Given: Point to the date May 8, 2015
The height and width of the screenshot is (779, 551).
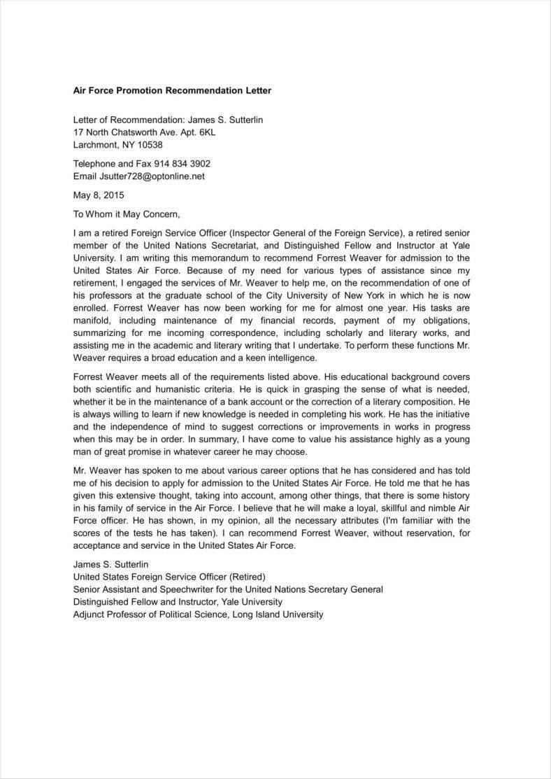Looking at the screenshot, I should pyautogui.click(x=99, y=195).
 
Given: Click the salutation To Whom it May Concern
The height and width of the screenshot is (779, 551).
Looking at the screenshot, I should pyautogui.click(x=127, y=214).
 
